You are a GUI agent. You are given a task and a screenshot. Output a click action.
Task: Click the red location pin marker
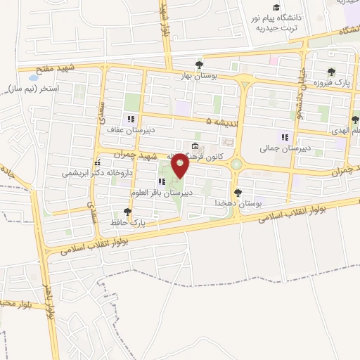click(x=181, y=165)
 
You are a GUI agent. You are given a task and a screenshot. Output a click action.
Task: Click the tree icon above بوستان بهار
click(x=200, y=63)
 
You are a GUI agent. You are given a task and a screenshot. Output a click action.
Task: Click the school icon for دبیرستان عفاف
click(x=129, y=119)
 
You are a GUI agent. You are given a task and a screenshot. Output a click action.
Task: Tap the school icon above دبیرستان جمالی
click(x=284, y=137)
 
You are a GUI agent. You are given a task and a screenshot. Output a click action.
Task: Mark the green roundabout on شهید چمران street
click(x=236, y=165)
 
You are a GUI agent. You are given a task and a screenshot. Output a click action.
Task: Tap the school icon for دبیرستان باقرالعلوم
click(x=162, y=181)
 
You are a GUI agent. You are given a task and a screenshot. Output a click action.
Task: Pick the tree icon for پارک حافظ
click(x=127, y=211)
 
